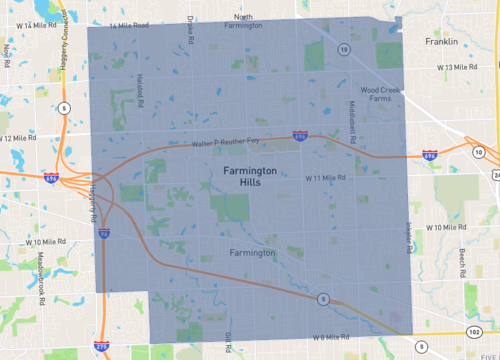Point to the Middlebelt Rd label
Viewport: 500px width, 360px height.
coord(353,118)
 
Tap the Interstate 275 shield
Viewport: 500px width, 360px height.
coord(101,345)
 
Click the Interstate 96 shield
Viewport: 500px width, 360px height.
coord(104,232)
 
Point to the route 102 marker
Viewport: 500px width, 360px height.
coord(472,331)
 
